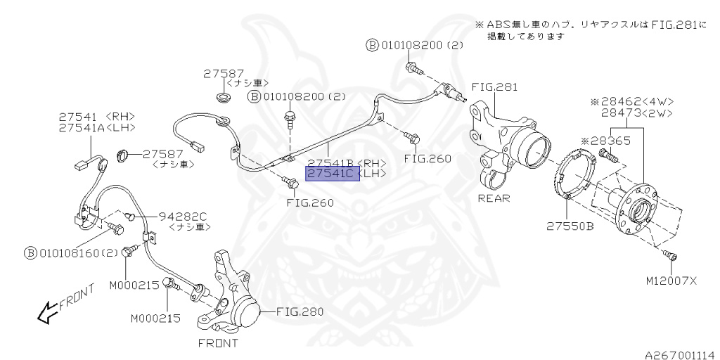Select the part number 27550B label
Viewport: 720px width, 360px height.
tap(570, 226)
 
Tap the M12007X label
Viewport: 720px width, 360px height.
tap(671, 281)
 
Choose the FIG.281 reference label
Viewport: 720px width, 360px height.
tap(494, 88)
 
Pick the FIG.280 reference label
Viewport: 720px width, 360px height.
tap(299, 311)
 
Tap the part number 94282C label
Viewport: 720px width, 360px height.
tap(182, 215)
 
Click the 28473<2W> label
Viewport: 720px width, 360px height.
tap(636, 112)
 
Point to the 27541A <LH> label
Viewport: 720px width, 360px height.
tap(97, 127)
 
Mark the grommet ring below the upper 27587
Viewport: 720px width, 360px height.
tap(224, 96)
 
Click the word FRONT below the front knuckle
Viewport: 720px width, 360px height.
tap(217, 343)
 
